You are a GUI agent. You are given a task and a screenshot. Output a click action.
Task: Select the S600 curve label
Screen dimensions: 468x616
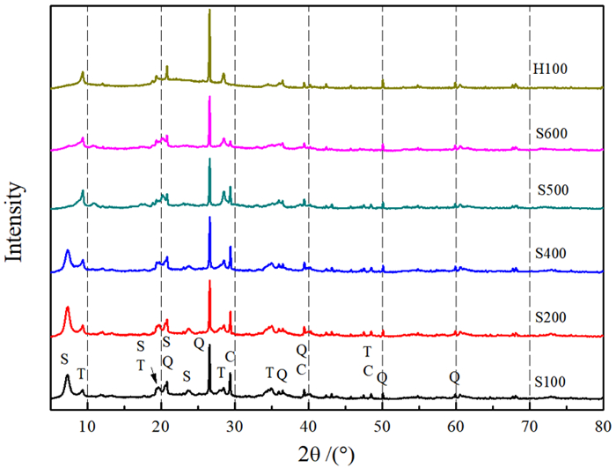553,134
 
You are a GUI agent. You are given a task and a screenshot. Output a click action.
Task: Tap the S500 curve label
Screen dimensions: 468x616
553,191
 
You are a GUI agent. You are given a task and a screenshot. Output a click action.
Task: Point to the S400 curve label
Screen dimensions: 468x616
553,253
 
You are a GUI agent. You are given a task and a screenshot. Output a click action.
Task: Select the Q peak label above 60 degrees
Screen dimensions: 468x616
454,376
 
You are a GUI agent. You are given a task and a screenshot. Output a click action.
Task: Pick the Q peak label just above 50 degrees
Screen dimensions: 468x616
382,377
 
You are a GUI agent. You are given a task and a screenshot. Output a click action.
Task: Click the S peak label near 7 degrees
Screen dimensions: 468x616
63,359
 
